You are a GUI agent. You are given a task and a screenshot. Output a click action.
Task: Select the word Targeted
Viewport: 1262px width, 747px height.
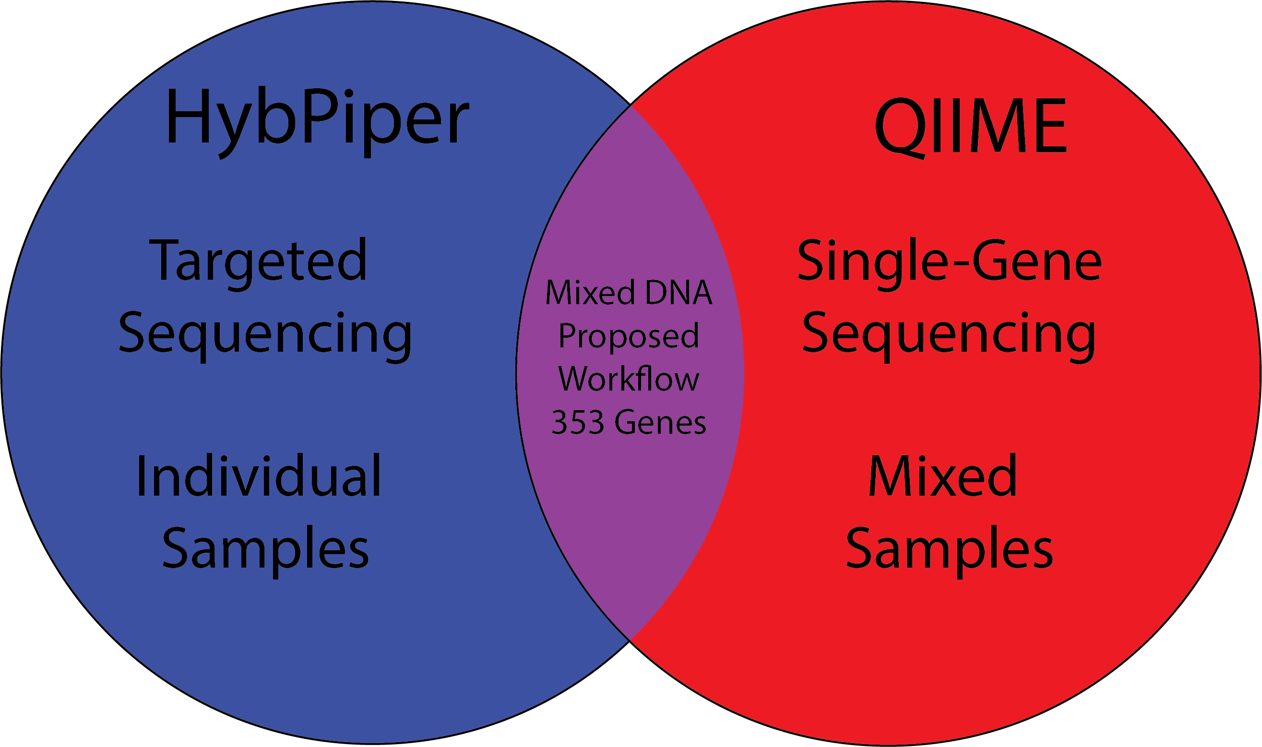[258, 265]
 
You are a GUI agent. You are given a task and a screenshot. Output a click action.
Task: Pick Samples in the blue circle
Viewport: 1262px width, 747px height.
[265, 551]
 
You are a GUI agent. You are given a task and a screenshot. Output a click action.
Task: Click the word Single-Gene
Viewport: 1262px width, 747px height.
[950, 265]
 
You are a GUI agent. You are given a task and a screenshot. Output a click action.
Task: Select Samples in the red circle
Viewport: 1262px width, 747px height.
[950, 551]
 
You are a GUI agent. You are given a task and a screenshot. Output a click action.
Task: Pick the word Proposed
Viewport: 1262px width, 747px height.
[629, 337]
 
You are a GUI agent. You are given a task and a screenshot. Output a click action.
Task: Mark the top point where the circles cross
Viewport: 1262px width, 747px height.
[630, 105]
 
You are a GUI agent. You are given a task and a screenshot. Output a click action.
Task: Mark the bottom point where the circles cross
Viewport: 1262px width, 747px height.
[630, 641]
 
